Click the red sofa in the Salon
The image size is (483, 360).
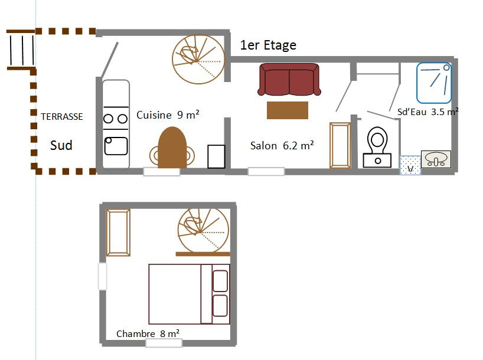[x=289, y=80]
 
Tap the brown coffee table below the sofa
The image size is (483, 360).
[x=288, y=110]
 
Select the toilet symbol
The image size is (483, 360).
[x=377, y=147]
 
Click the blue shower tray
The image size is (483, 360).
[x=434, y=83]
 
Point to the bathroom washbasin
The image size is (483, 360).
[x=436, y=159]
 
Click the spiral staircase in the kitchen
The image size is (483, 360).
[x=198, y=59]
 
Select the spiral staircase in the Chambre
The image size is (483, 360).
[x=203, y=230]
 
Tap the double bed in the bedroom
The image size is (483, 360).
[x=190, y=294]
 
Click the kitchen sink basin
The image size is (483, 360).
[x=116, y=146]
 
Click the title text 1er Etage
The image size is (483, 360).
[x=268, y=45]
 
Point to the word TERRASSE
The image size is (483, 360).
[x=62, y=117]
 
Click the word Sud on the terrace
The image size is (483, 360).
[x=61, y=145]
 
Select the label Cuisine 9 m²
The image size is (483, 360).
[x=168, y=115]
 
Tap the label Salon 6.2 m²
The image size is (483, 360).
[x=282, y=145]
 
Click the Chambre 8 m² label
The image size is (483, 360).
[x=148, y=333]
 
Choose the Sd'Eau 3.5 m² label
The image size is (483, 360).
[x=428, y=112]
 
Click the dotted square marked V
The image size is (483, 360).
[x=410, y=165]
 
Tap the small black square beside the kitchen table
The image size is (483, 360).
[x=216, y=156]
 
